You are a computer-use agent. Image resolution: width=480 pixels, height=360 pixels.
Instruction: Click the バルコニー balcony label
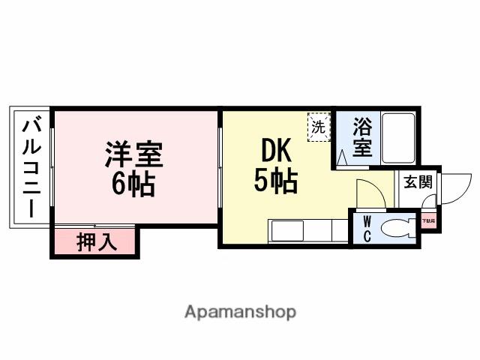pyautogui.click(x=31, y=168)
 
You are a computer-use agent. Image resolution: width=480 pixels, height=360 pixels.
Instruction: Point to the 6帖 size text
pyautogui.click(x=133, y=184)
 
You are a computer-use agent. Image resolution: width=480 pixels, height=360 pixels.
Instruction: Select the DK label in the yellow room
pyautogui.click(x=275, y=152)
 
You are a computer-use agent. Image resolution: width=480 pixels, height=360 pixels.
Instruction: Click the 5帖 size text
pyautogui.click(x=275, y=181)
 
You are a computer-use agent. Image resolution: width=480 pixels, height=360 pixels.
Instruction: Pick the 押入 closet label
pyautogui.click(x=95, y=243)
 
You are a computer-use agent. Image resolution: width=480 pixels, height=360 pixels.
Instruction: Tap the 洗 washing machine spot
pyautogui.click(x=318, y=127)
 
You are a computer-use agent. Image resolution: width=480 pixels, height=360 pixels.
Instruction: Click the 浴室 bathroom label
pyautogui.click(x=362, y=136)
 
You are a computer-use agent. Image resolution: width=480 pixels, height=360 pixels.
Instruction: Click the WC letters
pyautogui.click(x=367, y=229)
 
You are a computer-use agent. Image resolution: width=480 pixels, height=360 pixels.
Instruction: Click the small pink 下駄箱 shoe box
pyautogui.click(x=428, y=221)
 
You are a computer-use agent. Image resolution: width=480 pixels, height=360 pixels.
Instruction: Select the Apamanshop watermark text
pyautogui.click(x=240, y=310)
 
